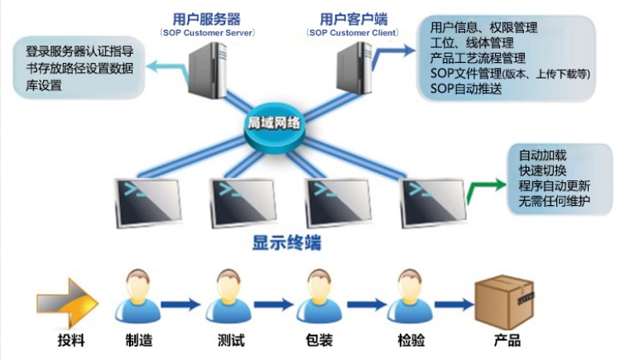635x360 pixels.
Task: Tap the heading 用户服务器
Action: click(x=206, y=17)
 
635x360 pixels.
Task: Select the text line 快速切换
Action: click(x=543, y=170)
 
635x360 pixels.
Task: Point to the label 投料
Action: click(x=72, y=339)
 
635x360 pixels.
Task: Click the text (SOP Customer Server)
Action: click(x=206, y=32)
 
